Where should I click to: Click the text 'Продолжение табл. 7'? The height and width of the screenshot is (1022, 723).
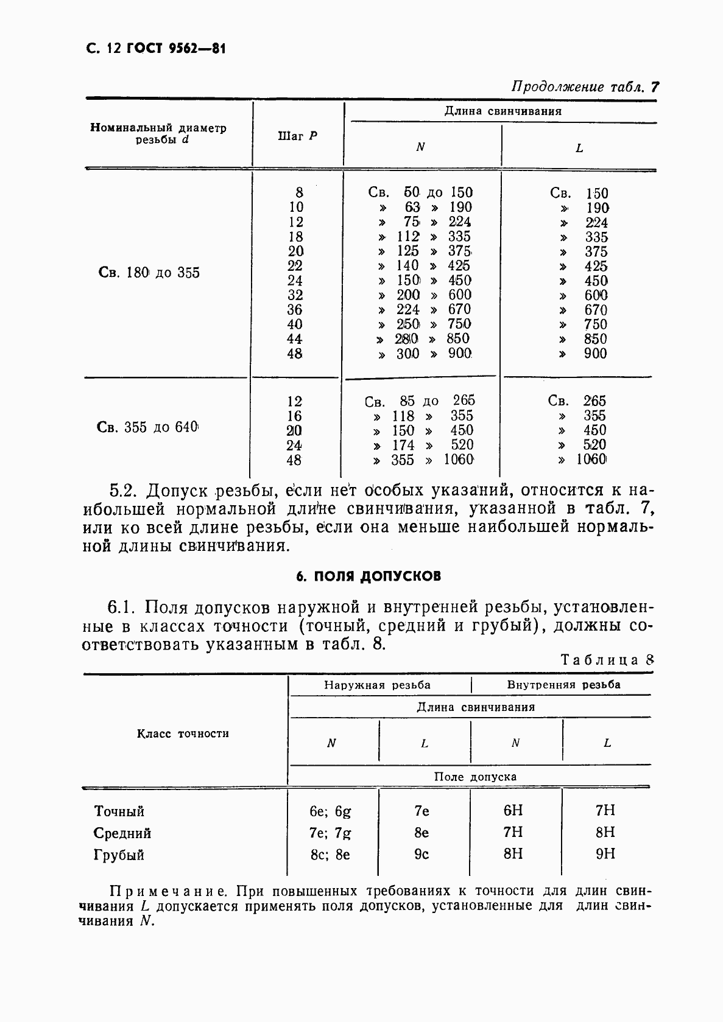(585, 87)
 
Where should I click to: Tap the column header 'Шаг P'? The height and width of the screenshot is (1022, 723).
(297, 136)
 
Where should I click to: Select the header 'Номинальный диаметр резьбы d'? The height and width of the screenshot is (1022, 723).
(158, 133)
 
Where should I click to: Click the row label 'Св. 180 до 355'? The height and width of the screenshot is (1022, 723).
(149, 273)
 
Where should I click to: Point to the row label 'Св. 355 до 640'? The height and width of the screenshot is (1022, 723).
(148, 427)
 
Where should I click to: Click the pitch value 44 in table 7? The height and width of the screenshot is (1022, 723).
(295, 339)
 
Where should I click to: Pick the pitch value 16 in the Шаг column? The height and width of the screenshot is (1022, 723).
(294, 416)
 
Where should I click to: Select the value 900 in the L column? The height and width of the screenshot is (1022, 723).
(595, 354)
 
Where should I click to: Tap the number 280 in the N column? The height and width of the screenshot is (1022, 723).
(407, 339)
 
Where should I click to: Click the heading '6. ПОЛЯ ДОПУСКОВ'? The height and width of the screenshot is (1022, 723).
(369, 576)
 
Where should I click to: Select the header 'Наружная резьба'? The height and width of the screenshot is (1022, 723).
(378, 685)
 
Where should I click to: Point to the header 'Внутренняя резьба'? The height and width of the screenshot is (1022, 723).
(564, 685)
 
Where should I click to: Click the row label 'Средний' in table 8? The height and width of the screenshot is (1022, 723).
(122, 833)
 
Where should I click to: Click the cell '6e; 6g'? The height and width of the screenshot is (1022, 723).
(330, 811)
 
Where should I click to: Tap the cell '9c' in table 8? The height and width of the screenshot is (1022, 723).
(421, 855)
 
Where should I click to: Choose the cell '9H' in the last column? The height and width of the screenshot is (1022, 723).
(605, 854)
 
